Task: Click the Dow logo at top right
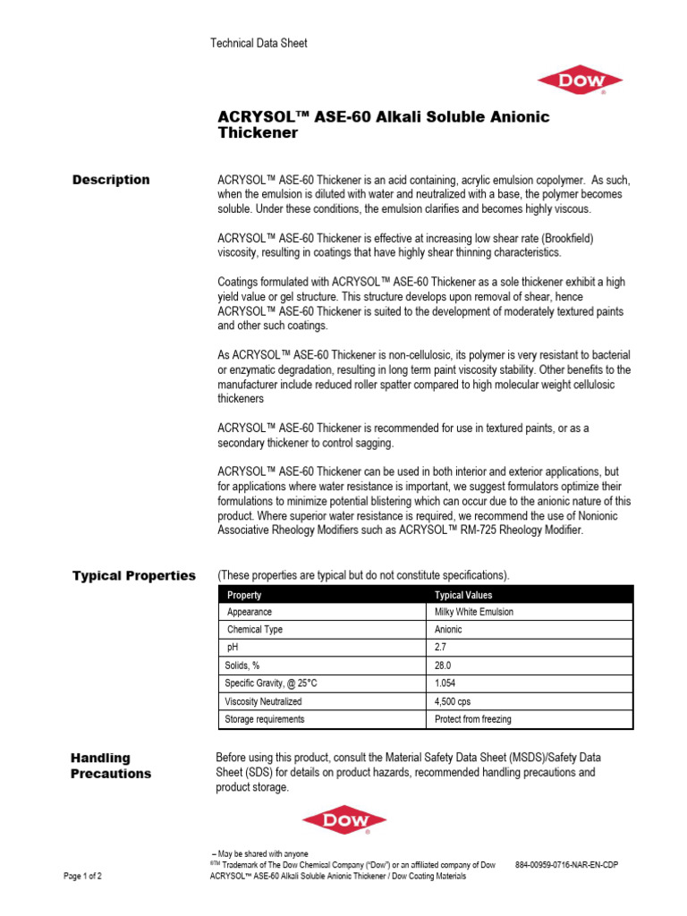pos(579,81)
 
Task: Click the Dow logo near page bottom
pos(344,819)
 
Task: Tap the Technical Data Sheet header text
pos(259,43)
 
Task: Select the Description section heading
pos(111,180)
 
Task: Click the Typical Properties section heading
pos(134,575)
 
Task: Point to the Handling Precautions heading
pos(111,766)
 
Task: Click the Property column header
pos(245,595)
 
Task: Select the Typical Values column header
pos(463,595)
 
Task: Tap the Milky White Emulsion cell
pos(474,612)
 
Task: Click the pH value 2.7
pos(440,647)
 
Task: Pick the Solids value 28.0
pos(443,666)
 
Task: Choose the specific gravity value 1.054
pos(445,683)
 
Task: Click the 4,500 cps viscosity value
pos(454,701)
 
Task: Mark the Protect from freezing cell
pos(472,719)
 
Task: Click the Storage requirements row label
pos(266,719)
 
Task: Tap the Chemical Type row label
pos(255,630)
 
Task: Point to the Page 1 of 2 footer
pos(82,877)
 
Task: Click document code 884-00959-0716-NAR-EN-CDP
pos(566,865)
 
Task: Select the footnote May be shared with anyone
pos(259,854)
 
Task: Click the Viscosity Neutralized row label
pos(264,701)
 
